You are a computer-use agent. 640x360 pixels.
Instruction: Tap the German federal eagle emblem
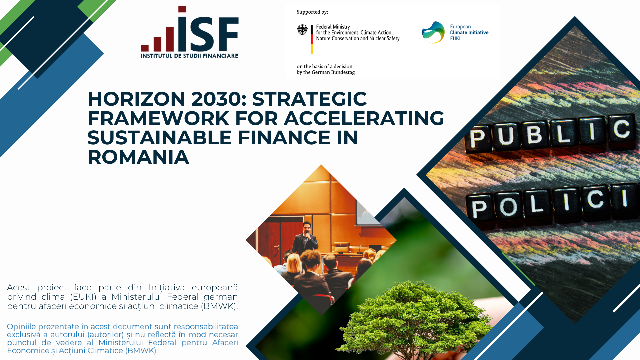pos(302,30)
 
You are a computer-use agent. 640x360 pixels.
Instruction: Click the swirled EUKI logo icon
pos(433,32)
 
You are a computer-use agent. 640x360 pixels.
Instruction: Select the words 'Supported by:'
pos(312,12)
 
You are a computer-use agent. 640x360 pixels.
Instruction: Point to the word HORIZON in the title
pos(136,99)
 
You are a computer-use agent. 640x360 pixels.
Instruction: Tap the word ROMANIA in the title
pos(138,157)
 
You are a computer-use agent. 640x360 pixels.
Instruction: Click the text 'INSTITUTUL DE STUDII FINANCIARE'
pos(189,56)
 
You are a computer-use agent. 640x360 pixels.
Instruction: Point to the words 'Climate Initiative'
pos(469,33)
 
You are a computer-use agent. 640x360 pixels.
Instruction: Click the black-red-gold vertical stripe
pos(312,39)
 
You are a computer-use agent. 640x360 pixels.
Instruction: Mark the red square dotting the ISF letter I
pos(182,9)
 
